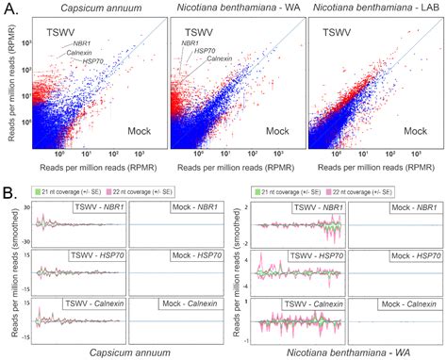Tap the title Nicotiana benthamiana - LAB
click(x=374, y=8)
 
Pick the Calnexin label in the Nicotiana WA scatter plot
click(x=219, y=59)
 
